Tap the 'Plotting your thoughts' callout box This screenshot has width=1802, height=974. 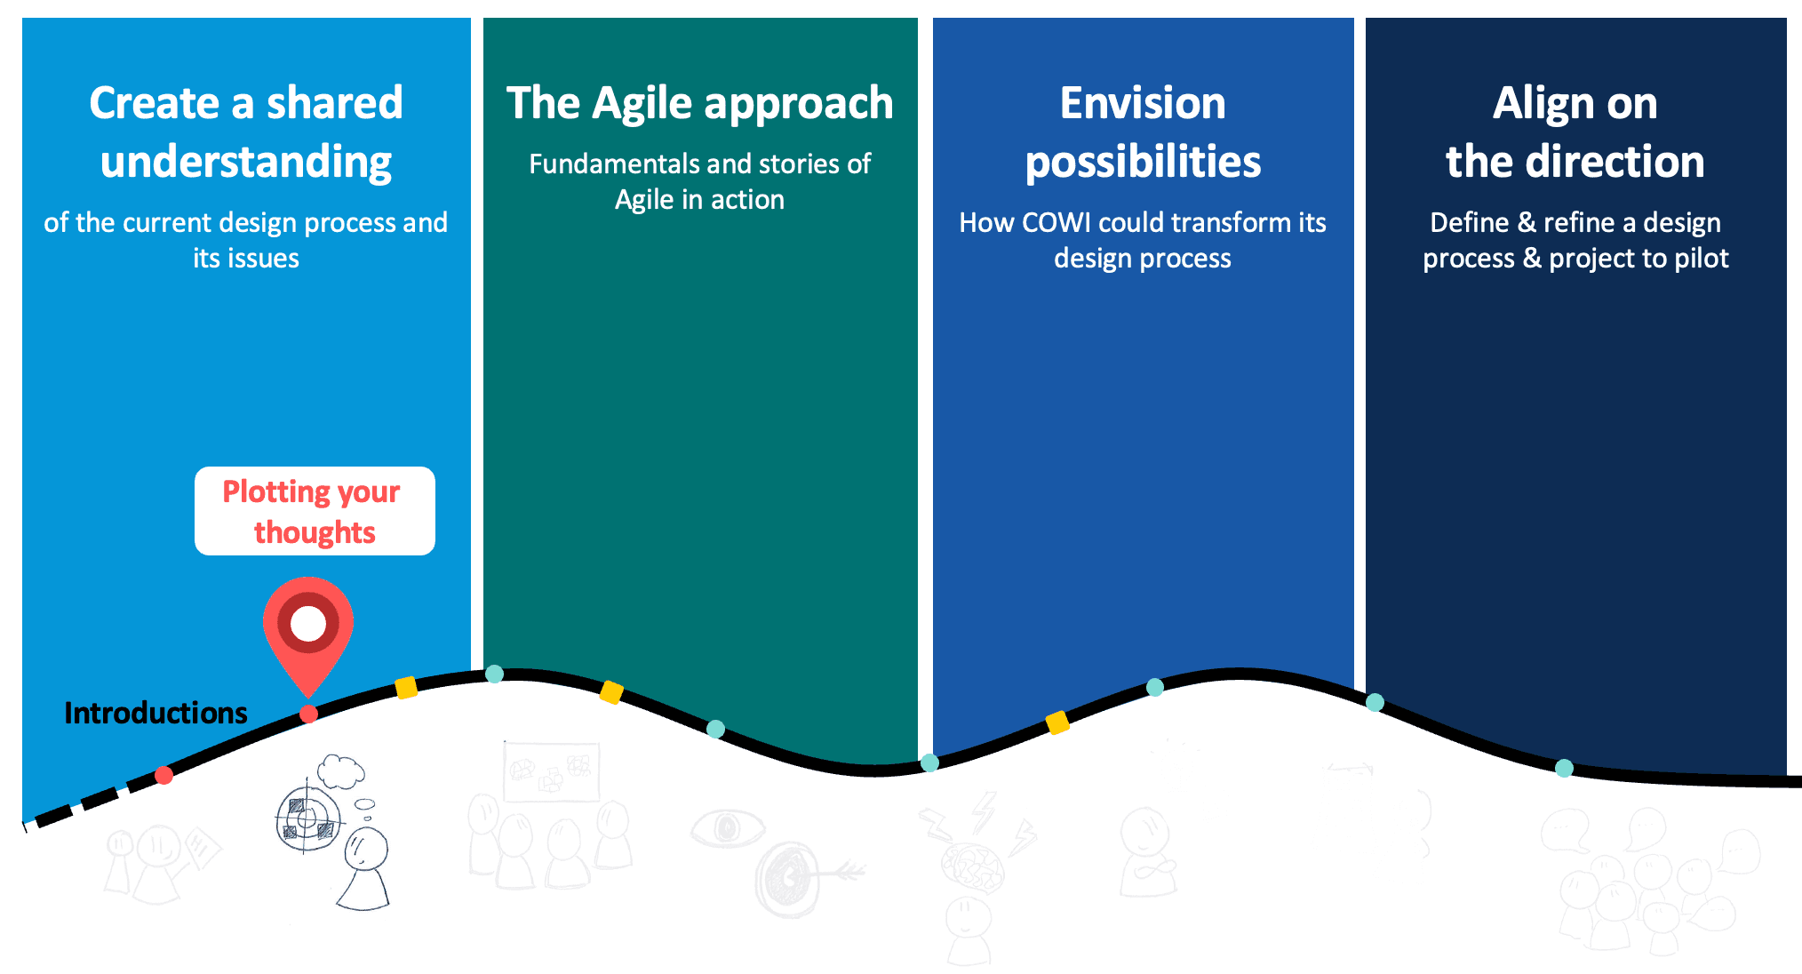point(315,511)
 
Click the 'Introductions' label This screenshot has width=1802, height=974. point(155,713)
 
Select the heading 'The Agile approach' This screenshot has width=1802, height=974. point(699,103)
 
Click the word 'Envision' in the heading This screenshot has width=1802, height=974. point(1143,103)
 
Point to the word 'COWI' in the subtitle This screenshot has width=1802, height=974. point(1056,222)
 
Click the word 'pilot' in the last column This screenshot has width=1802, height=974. point(1700,259)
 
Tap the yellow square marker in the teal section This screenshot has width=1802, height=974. point(611,691)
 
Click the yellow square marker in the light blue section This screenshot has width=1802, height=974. point(406,687)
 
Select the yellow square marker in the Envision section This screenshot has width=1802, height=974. point(1057,723)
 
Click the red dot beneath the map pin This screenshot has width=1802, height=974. point(308,714)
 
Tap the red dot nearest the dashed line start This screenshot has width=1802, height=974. point(163,776)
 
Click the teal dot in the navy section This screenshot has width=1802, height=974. point(1564,768)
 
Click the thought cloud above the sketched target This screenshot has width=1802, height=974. point(341,771)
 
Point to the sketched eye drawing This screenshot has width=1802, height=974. point(727,828)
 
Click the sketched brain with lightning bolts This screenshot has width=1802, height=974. point(973,866)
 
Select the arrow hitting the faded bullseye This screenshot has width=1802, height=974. point(840,873)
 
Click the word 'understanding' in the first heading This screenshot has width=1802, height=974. point(246,162)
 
